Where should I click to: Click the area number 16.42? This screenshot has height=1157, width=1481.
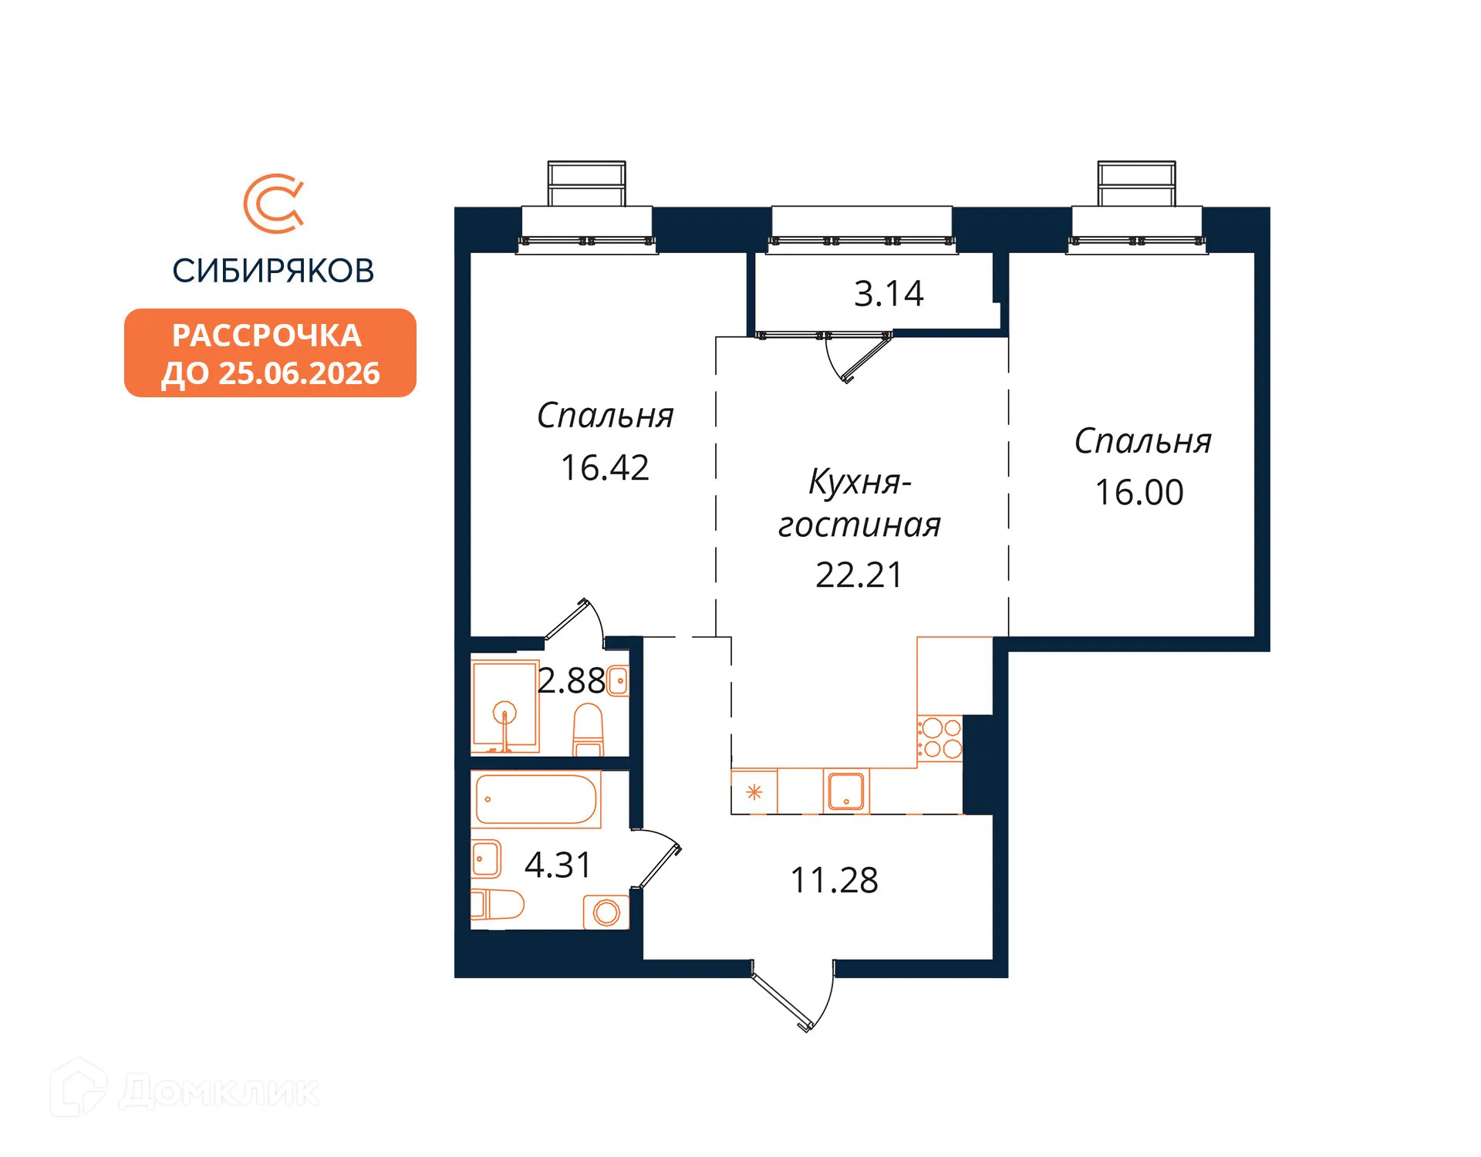[x=605, y=468]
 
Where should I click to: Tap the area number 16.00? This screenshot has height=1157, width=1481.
[x=1139, y=493]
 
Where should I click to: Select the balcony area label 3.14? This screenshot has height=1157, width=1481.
[x=888, y=294]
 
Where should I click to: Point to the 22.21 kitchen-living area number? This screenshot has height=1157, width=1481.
[x=859, y=575]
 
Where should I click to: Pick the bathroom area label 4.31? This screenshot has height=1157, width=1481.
[x=558, y=865]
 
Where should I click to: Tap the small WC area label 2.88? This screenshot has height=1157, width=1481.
[x=571, y=681]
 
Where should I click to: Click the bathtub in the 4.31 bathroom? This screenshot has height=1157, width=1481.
[x=536, y=800]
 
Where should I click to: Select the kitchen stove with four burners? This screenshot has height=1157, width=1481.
[x=940, y=738]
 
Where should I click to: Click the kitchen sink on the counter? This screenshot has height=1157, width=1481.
[x=846, y=791]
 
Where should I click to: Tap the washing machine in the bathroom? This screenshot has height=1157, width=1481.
[x=606, y=912]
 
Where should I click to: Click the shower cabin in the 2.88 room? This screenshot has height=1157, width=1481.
[x=505, y=707]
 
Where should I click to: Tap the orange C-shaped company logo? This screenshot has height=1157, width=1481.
[x=273, y=204]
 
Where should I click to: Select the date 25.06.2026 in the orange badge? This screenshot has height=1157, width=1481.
[x=299, y=374]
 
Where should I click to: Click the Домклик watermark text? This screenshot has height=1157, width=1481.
[x=219, y=1092]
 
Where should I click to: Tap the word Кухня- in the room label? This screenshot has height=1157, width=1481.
[x=859, y=482]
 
